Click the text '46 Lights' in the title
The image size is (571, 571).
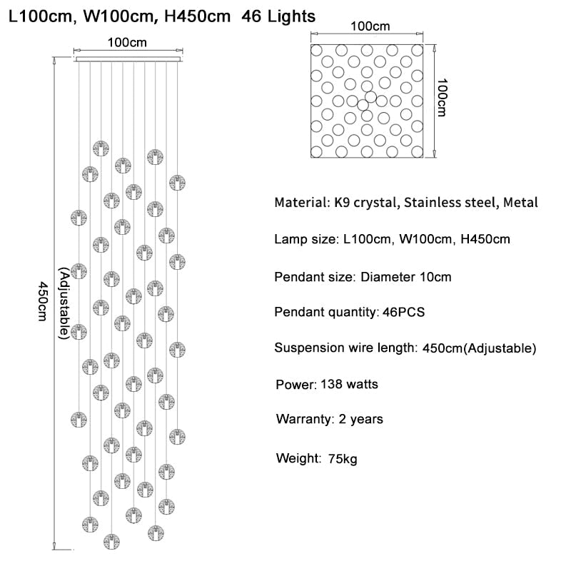279,16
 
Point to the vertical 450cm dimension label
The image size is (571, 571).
42,303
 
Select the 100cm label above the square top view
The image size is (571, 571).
370,26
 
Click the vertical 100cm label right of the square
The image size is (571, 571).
443,97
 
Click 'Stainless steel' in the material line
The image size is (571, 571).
449,203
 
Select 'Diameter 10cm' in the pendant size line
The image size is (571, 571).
405,276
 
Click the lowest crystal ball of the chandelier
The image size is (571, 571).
110,540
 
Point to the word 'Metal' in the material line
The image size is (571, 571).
520,203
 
